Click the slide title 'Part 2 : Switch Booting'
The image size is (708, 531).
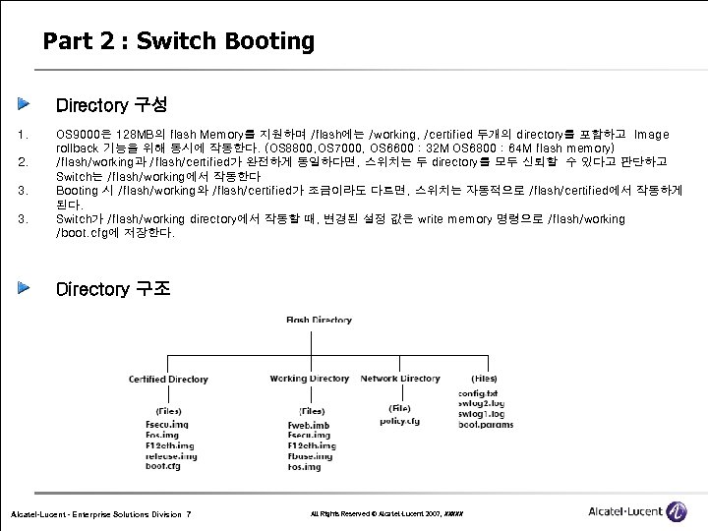(x=178, y=41)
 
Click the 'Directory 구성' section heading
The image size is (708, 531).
(x=111, y=104)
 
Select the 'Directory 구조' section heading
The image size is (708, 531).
(x=113, y=289)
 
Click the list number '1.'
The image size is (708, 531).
(x=25, y=135)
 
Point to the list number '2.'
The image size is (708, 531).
(x=25, y=161)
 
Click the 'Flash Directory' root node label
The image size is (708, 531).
(x=319, y=320)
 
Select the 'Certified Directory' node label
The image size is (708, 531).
(x=168, y=379)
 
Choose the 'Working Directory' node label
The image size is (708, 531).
(x=309, y=379)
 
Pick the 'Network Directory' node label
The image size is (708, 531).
(x=399, y=379)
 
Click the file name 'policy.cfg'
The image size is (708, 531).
(x=399, y=420)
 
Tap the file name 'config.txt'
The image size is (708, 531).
(x=479, y=393)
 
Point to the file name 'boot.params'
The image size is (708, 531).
(x=485, y=425)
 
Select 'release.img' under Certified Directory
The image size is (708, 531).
(x=171, y=456)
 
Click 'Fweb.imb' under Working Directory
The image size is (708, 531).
(x=309, y=426)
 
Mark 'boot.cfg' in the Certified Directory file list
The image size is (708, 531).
(x=163, y=467)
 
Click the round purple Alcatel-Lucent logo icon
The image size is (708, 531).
(x=677, y=510)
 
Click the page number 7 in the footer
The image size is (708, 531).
(x=188, y=515)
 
